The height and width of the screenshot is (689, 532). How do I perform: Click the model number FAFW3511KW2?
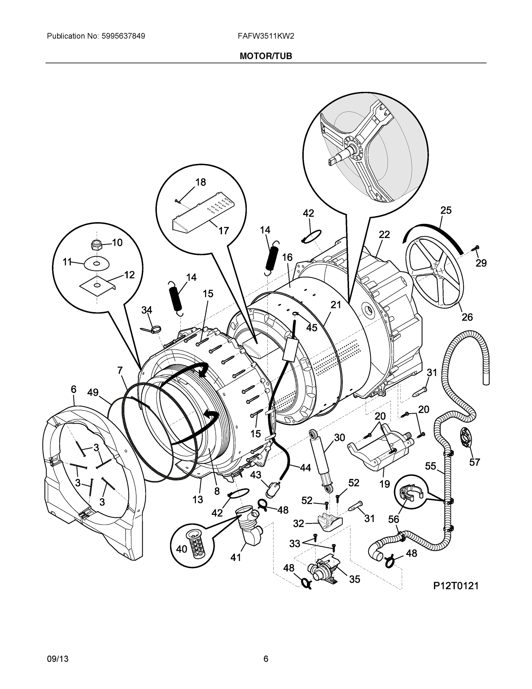tap(266, 36)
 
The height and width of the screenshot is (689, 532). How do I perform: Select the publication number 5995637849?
tap(123, 36)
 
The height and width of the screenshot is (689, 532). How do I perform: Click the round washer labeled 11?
tap(96, 263)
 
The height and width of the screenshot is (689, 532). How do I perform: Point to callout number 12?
tap(129, 275)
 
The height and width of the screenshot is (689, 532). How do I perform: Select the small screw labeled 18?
tap(178, 200)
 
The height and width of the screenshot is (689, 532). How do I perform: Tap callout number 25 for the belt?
tap(446, 210)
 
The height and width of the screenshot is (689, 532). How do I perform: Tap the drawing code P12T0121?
tap(455, 586)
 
